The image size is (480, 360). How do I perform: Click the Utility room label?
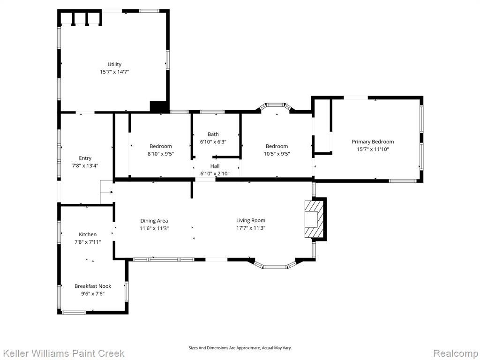click(x=114, y=64)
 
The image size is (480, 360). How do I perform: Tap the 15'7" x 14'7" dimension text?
click(x=114, y=72)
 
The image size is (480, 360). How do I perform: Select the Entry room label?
click(x=85, y=158)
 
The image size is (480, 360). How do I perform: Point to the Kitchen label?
click(x=88, y=234)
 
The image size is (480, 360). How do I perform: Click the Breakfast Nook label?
click(x=93, y=286)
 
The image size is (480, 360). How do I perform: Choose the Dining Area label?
click(x=154, y=221)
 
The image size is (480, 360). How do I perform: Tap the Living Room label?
click(x=251, y=220)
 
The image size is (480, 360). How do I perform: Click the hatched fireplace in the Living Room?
click(x=314, y=219)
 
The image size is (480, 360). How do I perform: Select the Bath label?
click(x=213, y=134)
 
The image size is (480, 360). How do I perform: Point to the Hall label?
click(x=215, y=166)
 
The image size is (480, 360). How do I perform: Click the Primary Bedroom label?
click(x=373, y=142)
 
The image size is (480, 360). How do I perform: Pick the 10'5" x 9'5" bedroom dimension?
click(x=277, y=154)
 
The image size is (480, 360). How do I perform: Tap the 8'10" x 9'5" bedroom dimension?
click(x=161, y=154)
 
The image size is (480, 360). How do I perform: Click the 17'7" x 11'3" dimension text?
click(x=251, y=228)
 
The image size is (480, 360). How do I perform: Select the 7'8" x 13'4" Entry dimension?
click(x=85, y=166)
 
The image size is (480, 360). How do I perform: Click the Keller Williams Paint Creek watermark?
click(x=63, y=353)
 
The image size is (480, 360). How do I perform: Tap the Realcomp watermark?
click(x=456, y=353)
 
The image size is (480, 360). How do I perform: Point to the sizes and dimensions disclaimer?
click(x=240, y=348)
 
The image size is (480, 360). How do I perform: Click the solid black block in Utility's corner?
click(x=159, y=106)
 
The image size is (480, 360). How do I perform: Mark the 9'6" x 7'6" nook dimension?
click(x=93, y=294)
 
